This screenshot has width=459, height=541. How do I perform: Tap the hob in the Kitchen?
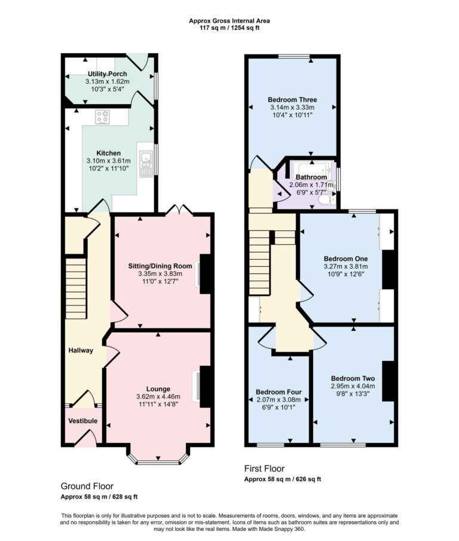(x=103, y=117)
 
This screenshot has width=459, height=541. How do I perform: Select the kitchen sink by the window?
(x=145, y=160)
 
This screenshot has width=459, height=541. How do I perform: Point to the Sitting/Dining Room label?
(x=160, y=266)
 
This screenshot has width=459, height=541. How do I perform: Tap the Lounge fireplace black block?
(x=205, y=385)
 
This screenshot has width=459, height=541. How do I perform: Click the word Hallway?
(x=81, y=350)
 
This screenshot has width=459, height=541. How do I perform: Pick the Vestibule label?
(x=82, y=421)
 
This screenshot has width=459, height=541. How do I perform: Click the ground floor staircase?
(x=76, y=282)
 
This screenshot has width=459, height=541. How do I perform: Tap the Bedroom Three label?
(x=292, y=99)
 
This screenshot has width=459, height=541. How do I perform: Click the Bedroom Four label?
(x=279, y=392)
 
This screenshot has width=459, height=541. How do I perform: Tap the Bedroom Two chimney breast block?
(x=388, y=381)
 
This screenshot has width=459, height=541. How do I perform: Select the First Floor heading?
(x=264, y=469)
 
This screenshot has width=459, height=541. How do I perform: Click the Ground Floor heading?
(x=87, y=486)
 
